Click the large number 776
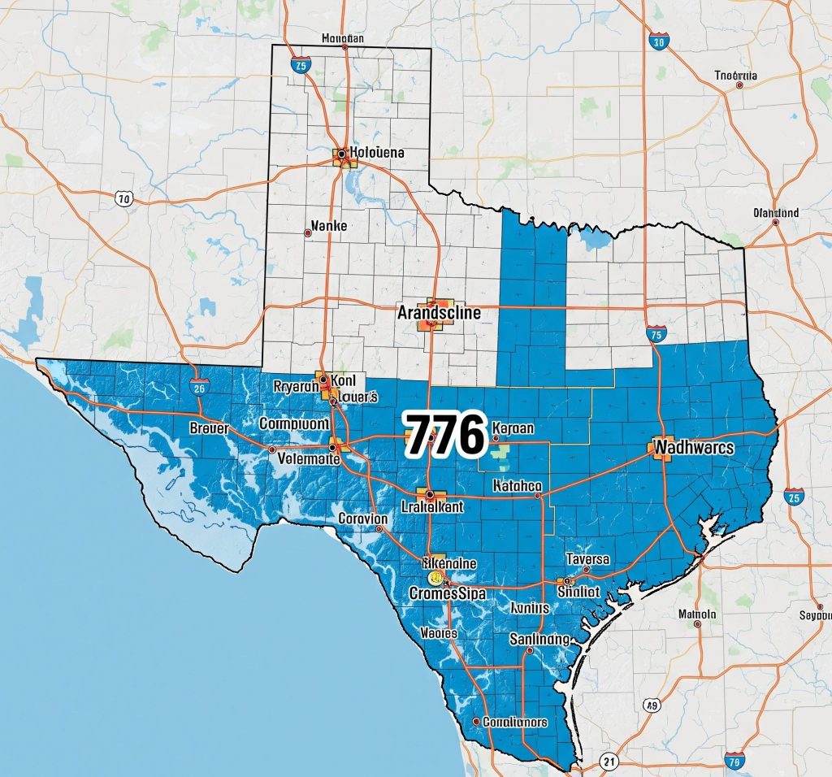tap(444, 435)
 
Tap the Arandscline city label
tap(439, 311)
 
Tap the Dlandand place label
tap(776, 213)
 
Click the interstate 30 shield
tap(659, 41)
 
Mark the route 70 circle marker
tap(123, 198)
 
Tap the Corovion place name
tap(362, 518)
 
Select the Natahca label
tap(518, 486)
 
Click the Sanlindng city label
tap(540, 639)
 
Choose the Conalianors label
tap(514, 721)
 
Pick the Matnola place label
tap(697, 614)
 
